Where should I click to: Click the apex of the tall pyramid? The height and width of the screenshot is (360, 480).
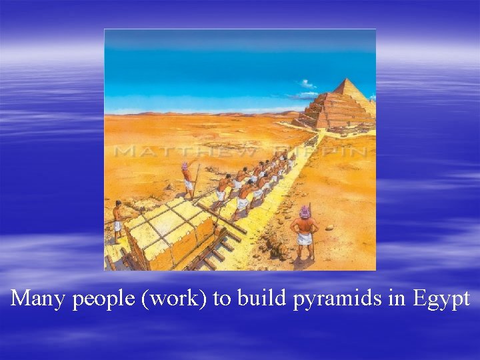(x=347, y=79)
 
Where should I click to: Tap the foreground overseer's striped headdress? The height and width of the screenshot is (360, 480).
(x=305, y=211)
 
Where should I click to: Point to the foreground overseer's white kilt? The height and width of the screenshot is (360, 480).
(x=305, y=237)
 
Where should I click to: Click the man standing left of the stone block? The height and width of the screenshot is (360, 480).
(x=118, y=219)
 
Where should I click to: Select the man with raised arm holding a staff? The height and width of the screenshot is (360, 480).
(x=188, y=178)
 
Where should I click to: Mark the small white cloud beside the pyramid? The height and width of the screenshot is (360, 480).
(x=307, y=84)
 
